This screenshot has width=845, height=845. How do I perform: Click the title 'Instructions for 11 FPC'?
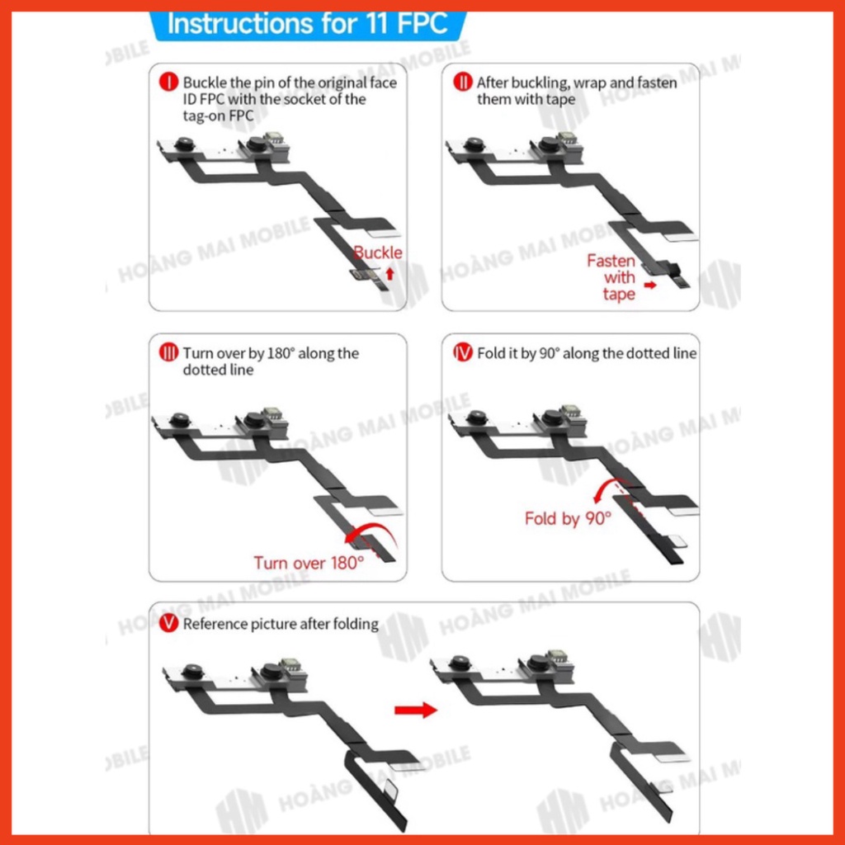click(308, 24)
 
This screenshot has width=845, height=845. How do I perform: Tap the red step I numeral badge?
click(168, 83)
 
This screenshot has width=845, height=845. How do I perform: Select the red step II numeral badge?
click(462, 83)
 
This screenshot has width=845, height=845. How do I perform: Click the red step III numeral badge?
click(168, 353)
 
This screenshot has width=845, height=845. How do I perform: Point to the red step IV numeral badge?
click(462, 353)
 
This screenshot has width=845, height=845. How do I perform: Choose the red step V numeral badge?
click(168, 623)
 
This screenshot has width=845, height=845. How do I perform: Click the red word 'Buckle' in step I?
click(378, 253)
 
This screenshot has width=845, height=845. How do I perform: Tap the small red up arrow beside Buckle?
click(390, 274)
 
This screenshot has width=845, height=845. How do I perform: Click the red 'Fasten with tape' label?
click(611, 277)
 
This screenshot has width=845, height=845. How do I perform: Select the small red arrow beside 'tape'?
click(650, 285)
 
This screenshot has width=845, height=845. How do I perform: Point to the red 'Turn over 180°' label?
click(309, 563)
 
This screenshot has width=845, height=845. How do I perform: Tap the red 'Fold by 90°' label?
click(568, 518)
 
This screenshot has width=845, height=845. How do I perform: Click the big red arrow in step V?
click(416, 710)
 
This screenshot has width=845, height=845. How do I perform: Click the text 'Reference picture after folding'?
click(281, 624)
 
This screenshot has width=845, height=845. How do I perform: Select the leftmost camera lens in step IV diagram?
click(476, 417)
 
